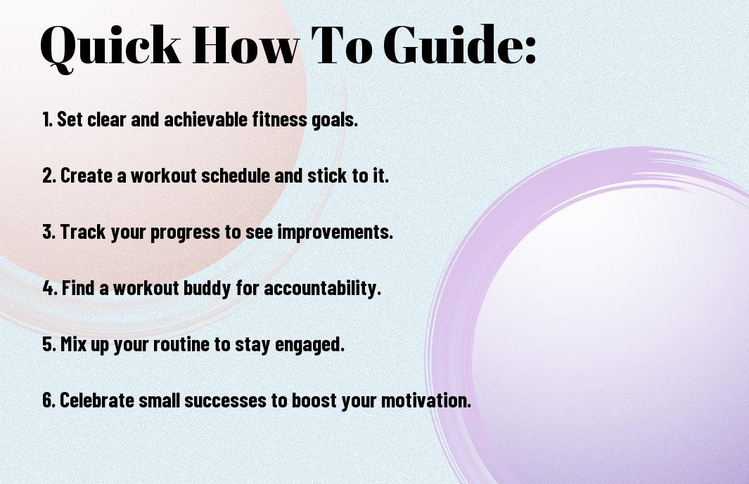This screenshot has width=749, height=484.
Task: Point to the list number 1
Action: (x=47, y=119)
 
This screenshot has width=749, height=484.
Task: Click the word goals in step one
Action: (x=334, y=120)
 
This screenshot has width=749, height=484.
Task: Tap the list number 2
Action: (x=49, y=176)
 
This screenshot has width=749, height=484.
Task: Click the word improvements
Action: (x=335, y=232)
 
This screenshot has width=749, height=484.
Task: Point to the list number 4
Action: (x=50, y=288)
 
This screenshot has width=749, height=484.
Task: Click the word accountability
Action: (x=322, y=288)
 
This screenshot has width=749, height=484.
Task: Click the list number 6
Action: (x=49, y=400)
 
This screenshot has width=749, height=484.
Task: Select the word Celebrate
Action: (x=97, y=400)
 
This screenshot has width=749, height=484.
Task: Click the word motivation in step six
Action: (x=425, y=400)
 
